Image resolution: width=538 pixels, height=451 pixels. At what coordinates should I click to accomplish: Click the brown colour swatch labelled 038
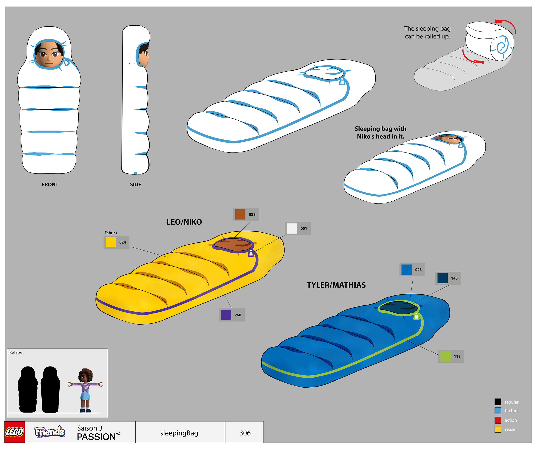pos(240,214)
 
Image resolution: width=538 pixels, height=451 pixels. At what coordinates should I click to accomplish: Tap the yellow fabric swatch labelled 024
pos(111,242)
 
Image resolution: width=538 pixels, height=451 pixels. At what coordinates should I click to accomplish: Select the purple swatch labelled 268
pos(226,315)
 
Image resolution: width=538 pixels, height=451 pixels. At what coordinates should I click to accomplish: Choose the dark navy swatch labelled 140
pos(442,278)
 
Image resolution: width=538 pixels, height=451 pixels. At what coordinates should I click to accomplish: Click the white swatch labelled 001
pos(291,229)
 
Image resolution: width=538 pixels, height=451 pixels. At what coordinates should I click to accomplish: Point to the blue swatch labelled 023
pos(406,270)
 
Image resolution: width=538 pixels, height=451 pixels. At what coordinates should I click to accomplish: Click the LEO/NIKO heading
pos(184,222)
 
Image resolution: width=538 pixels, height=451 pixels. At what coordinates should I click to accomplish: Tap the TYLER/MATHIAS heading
pos(336,285)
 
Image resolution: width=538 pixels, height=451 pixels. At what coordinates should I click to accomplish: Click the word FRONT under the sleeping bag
pos(50,185)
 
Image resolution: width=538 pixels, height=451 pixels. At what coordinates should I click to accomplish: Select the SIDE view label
pos(135,185)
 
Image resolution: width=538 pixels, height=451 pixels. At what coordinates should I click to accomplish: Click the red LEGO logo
pos(15,432)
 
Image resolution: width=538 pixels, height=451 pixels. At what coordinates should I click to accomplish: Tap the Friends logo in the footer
pos(50,432)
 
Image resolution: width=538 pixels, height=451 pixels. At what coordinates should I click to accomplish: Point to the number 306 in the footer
pos(245,433)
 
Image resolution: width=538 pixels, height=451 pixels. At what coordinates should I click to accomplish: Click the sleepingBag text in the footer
pos(179,433)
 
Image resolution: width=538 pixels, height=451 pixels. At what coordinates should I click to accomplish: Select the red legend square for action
pos(498,420)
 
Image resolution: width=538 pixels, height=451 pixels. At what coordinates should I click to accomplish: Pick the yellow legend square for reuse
pos(498,429)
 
